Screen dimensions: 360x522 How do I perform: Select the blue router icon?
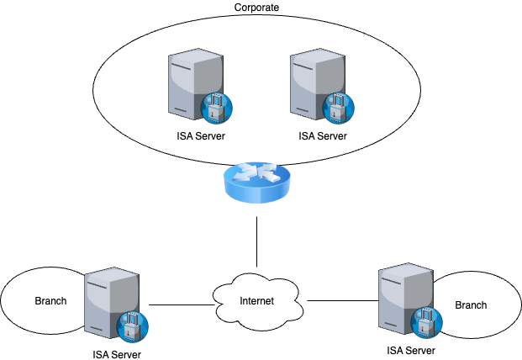(x=256, y=183)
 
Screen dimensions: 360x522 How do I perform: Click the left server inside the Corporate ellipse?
(x=193, y=84)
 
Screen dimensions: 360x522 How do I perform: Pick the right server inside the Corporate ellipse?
(x=316, y=84)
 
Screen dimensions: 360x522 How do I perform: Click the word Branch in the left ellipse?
(x=50, y=300)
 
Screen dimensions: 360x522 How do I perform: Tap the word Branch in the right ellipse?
(x=471, y=304)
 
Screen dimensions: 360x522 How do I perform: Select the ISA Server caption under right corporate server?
(x=323, y=135)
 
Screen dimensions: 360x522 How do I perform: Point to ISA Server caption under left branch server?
(x=119, y=354)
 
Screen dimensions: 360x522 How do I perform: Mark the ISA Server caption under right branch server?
(x=413, y=350)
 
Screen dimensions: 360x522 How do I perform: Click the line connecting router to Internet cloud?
(x=255, y=244)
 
